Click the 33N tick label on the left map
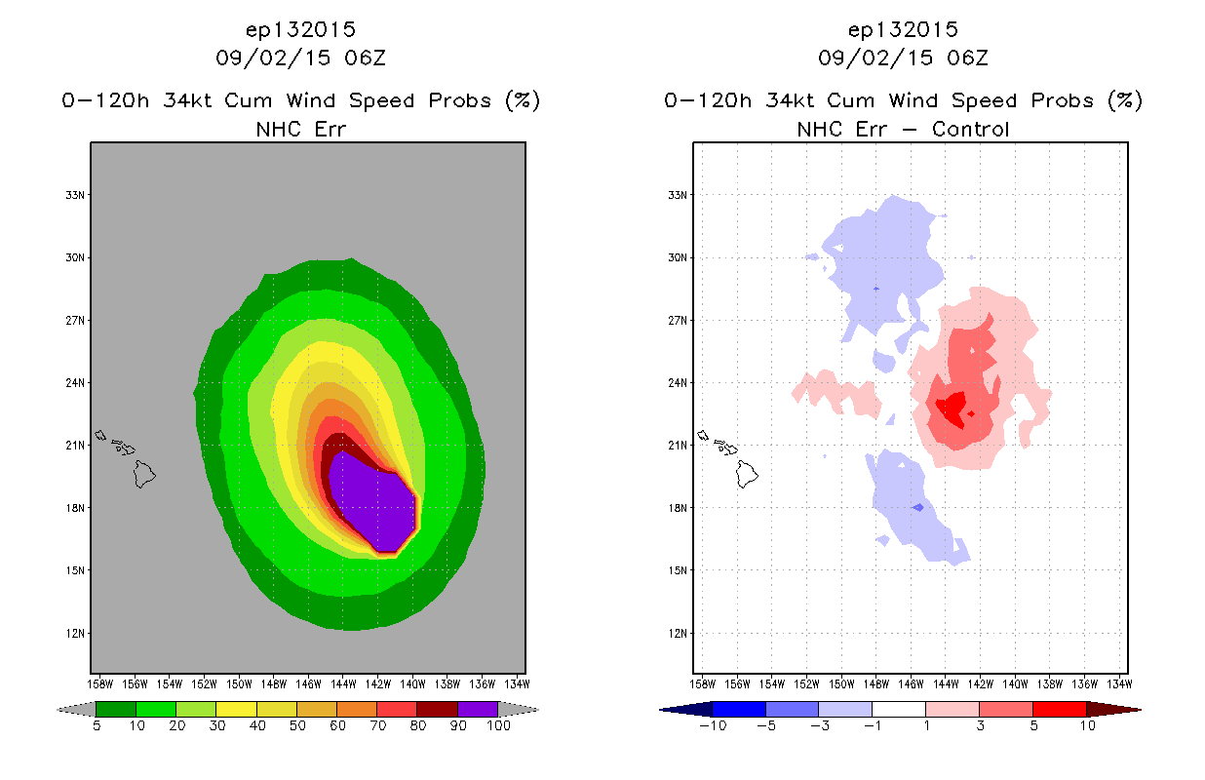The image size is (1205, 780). tap(75, 195)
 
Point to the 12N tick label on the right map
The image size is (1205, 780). tap(678, 633)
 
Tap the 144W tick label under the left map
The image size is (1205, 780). tap(343, 684)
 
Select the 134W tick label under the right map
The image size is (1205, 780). tap(1119, 684)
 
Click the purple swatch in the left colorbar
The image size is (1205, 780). tap(478, 709)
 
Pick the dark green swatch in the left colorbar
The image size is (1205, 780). tap(116, 709)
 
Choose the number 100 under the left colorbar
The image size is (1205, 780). tap(498, 725)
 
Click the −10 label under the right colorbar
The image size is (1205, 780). tap(713, 725)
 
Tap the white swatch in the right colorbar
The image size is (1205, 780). tap(898, 709)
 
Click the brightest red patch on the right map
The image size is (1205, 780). tap(952, 409)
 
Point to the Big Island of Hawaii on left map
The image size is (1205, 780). tap(144, 474)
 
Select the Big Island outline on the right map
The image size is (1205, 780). tap(747, 474)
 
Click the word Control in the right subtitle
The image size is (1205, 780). tap(970, 129)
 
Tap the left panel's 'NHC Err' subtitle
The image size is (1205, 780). tap(300, 129)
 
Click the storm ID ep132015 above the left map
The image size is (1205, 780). tap(300, 29)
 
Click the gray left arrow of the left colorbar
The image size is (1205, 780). tap(76, 710)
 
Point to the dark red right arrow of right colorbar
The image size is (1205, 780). tap(1114, 710)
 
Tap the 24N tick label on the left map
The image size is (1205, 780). tap(75, 383)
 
